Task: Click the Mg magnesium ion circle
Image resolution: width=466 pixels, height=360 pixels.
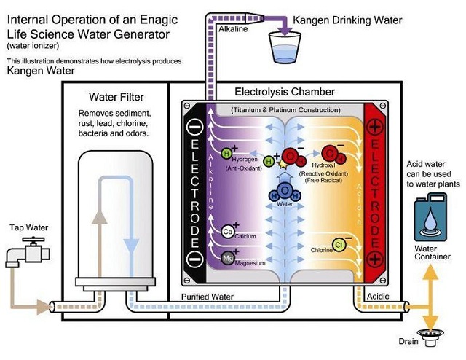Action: point(226,258)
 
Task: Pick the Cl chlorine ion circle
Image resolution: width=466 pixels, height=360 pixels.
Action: point(339,244)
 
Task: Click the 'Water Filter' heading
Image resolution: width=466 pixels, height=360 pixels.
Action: point(116,96)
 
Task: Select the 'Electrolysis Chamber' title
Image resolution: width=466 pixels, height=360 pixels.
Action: point(284,93)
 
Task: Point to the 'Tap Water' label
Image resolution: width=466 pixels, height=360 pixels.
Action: point(28,228)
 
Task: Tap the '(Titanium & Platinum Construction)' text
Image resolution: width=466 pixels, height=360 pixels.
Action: point(285,109)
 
